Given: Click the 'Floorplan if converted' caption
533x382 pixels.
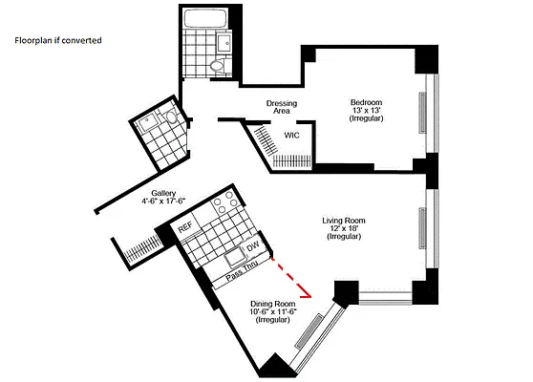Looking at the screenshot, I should point(58,41).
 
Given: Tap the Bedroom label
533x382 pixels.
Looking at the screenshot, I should point(366,102).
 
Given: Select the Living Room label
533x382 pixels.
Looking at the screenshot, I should point(345,220).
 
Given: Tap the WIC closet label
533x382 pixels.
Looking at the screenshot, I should point(290,135).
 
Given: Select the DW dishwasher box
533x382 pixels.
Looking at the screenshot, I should point(253,247).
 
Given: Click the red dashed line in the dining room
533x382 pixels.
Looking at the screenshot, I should point(292,276).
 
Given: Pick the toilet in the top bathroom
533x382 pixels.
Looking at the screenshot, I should point(218,65).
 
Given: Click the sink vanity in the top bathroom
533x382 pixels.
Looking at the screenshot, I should point(221,42).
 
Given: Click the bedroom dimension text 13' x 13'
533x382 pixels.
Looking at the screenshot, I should point(366,111).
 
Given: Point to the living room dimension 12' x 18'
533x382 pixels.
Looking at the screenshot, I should point(345,228).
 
